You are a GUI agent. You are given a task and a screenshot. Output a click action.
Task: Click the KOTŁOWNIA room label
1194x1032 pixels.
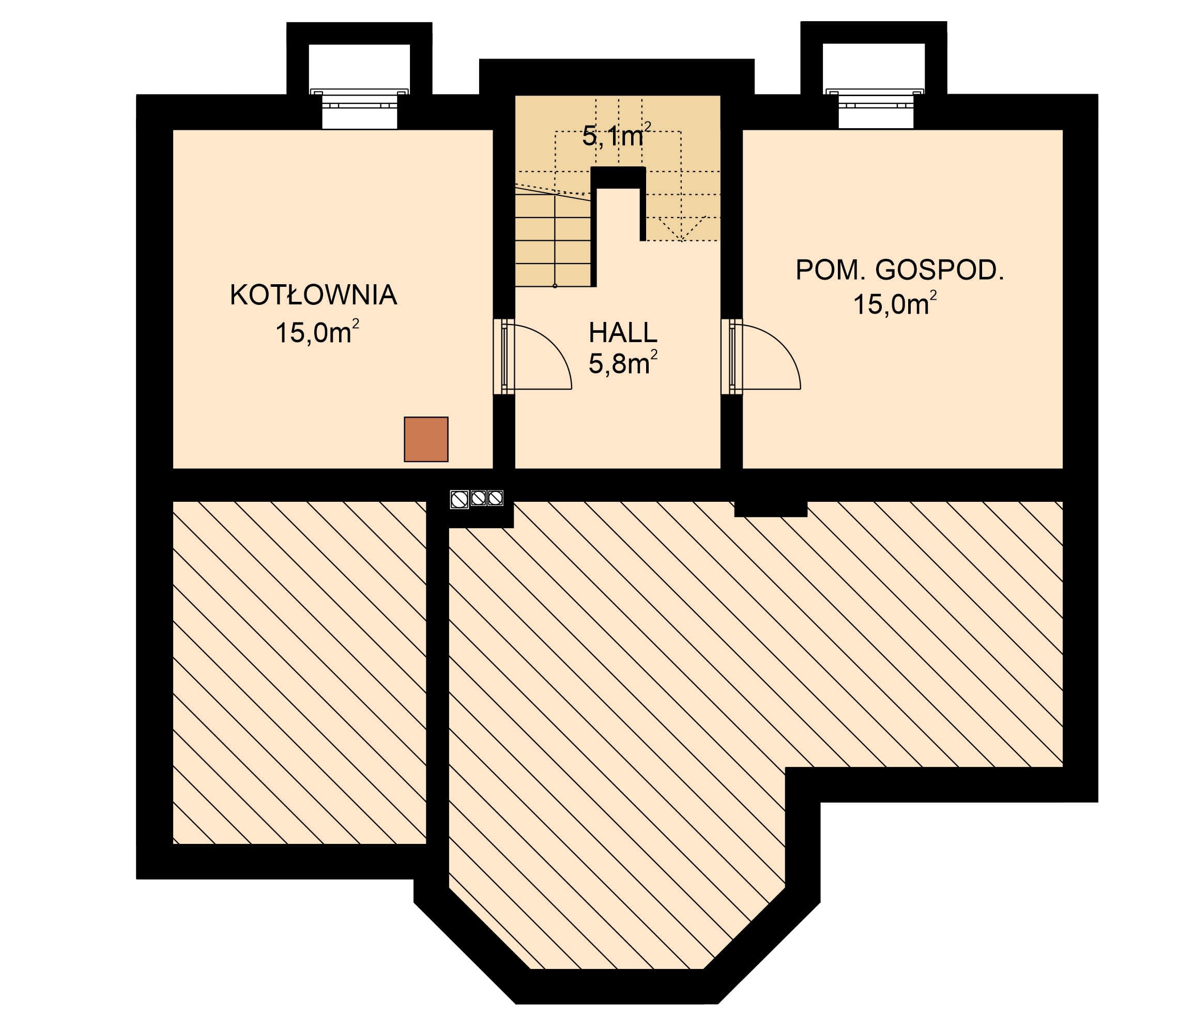pos(313,295)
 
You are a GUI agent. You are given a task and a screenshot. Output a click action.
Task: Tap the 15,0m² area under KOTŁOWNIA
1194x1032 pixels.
pos(317,332)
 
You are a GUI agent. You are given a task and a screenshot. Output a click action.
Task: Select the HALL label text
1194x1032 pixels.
pos(623,332)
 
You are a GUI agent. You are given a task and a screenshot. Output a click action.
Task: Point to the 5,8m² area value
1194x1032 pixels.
pos(623,363)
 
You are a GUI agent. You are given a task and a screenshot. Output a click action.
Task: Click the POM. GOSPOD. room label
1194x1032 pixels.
pos(899,270)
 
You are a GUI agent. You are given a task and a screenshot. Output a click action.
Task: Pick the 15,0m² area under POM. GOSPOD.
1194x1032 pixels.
pos(894,304)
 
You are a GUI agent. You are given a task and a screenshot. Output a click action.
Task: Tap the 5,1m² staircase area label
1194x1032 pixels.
pos(617,135)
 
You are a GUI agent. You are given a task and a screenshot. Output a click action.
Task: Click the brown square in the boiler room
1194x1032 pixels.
pos(426,439)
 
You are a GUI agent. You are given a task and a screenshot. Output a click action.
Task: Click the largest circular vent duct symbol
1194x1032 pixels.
pos(460,499)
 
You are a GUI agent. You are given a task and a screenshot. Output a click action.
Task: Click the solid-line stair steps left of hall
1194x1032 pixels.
pos(553,240)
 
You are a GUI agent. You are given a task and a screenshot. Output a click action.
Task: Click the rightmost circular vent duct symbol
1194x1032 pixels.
pos(496,497)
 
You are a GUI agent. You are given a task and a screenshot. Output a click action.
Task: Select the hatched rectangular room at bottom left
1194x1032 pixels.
pos(300,672)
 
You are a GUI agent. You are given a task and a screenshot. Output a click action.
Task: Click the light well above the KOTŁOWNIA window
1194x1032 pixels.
pos(360,67)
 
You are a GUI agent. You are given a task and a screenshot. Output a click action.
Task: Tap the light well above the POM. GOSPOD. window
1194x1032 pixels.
pos(874,67)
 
